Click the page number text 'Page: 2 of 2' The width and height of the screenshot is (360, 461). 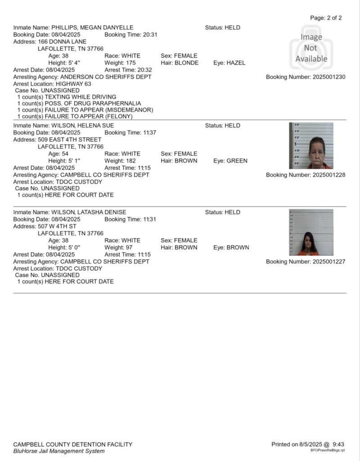coord(326,18)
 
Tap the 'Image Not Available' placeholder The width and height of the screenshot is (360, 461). coord(311,48)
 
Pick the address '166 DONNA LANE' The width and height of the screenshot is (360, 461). coord(62,42)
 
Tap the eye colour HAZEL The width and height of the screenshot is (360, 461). coord(236,63)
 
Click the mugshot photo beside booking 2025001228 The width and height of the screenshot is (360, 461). coord(311,145)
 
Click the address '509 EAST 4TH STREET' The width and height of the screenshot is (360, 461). coord(70,140)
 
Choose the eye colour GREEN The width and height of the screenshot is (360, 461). coord(237,161)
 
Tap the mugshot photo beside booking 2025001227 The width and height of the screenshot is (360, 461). coord(311,232)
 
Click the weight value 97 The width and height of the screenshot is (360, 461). coord(128,248)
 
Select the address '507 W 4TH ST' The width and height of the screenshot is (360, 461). coord(57,226)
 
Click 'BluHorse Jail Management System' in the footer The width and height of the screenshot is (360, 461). coord(59,451)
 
